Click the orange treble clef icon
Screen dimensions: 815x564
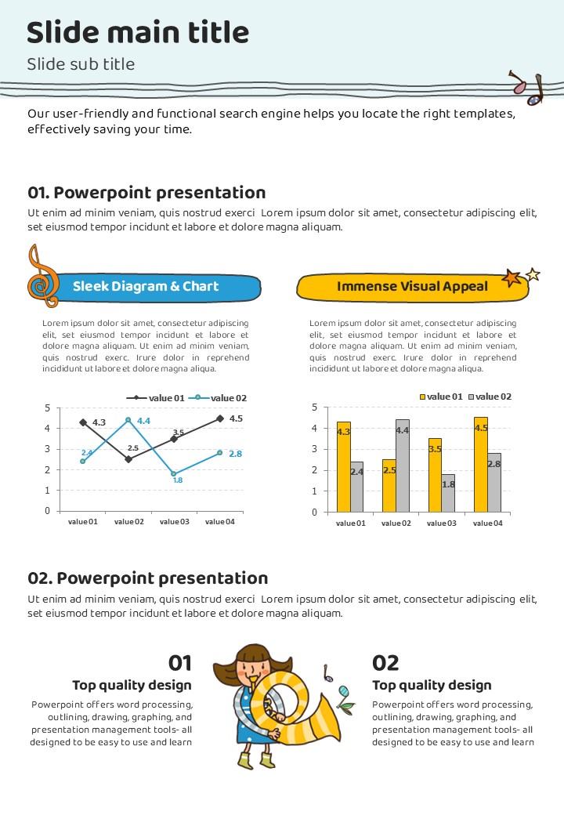[x=42, y=277]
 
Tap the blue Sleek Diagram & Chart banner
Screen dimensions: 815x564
[x=146, y=287]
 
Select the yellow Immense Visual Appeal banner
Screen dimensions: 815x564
[x=412, y=287]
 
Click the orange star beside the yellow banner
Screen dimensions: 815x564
[x=512, y=278]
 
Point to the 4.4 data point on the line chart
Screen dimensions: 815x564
[x=128, y=420]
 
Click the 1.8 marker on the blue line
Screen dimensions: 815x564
[x=174, y=474]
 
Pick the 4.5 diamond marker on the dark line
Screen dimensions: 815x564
[x=219, y=418]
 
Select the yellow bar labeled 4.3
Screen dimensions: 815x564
[x=343, y=466]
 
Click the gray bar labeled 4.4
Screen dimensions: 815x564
[x=402, y=465]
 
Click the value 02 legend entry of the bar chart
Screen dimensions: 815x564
[x=490, y=397]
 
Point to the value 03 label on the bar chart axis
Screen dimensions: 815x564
[x=441, y=523]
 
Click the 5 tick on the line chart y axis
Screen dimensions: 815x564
[x=47, y=408]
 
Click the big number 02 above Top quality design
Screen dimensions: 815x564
[x=385, y=663]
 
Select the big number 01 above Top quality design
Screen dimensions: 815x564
[x=180, y=663]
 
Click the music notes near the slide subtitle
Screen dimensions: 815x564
[x=526, y=88]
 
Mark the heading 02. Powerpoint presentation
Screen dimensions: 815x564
[x=148, y=578]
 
